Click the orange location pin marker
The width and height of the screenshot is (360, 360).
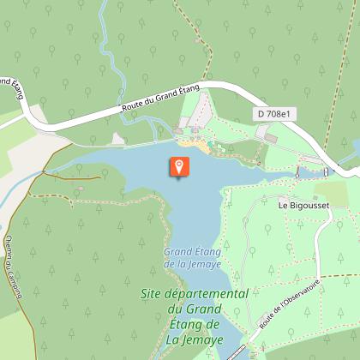click(x=178, y=167)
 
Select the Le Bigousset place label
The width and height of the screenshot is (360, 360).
click(x=303, y=206)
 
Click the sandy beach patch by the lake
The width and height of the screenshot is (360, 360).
click(x=202, y=147)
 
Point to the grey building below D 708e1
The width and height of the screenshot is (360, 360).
click(x=271, y=136)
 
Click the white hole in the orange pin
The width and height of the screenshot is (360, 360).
click(x=178, y=164)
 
